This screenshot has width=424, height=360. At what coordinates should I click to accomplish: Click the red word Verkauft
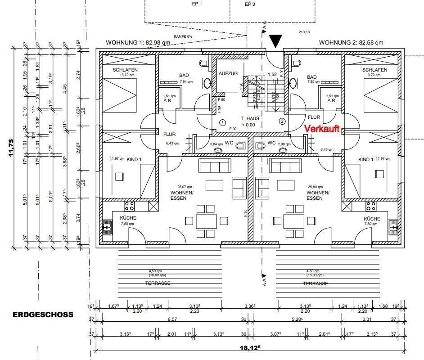click(322, 129)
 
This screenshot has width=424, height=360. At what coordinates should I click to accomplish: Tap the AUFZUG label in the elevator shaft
click(228, 74)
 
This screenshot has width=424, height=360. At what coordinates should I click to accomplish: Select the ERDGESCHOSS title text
click(43, 315)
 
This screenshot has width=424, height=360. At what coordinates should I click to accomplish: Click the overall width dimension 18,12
click(253, 347)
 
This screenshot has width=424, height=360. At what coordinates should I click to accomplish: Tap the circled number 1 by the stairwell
click(222, 122)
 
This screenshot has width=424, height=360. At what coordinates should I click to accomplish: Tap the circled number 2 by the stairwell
click(282, 121)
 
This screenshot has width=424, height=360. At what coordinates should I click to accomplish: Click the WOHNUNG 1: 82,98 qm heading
click(138, 43)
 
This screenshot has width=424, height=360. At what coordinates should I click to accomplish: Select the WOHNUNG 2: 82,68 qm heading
click(351, 43)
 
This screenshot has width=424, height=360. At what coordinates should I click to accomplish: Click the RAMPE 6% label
click(182, 36)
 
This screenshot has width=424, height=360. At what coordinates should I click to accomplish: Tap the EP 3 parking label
click(250, 4)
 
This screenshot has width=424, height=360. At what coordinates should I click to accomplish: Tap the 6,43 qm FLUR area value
click(172, 143)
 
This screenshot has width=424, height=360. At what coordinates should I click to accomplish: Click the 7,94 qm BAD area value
click(186, 82)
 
